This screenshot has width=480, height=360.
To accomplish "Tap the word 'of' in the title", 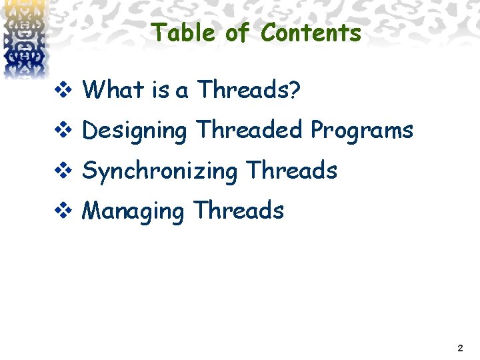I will [x=237, y=32].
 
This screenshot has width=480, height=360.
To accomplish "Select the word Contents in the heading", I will [x=311, y=32].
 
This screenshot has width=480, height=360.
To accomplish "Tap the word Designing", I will [x=135, y=131].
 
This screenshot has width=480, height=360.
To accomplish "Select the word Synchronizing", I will [x=160, y=171].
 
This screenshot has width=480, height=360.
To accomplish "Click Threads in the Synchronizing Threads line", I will [x=292, y=170].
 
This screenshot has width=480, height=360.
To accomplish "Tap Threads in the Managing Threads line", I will [x=239, y=211].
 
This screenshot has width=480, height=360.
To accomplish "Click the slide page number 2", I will [x=461, y=348].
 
